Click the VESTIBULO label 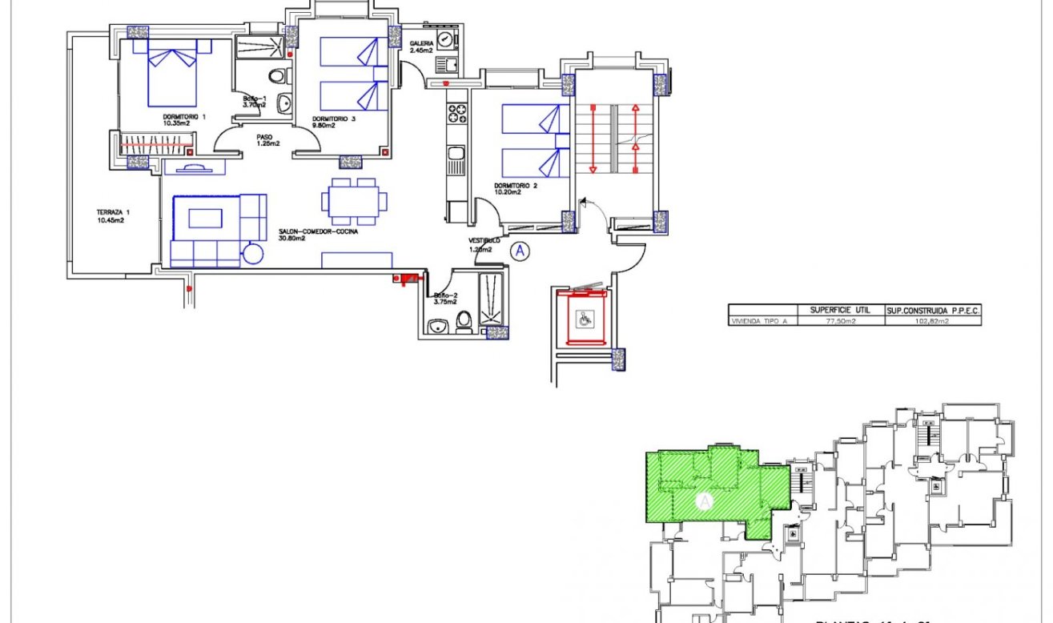[x=484, y=240]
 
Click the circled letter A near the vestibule [x=520, y=251]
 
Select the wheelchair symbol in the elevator [x=585, y=320]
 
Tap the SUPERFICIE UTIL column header [x=840, y=310]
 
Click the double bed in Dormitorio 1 [x=172, y=76]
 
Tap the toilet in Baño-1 [x=277, y=76]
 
